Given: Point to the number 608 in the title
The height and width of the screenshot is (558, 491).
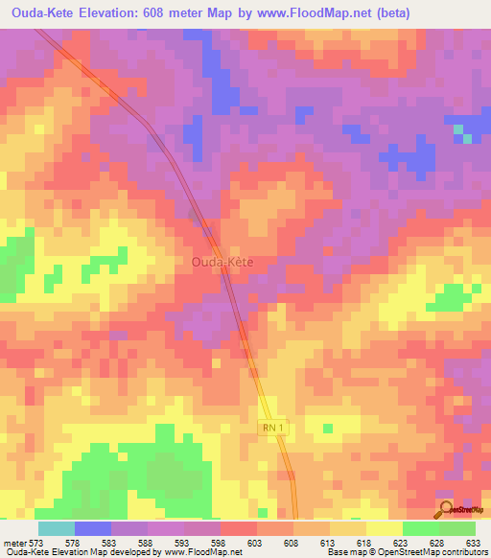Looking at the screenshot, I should pos(181,13).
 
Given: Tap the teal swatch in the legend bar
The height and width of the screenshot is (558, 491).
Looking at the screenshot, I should pos(56,528).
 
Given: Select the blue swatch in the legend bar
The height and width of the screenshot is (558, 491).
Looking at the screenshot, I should pos(92,528).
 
